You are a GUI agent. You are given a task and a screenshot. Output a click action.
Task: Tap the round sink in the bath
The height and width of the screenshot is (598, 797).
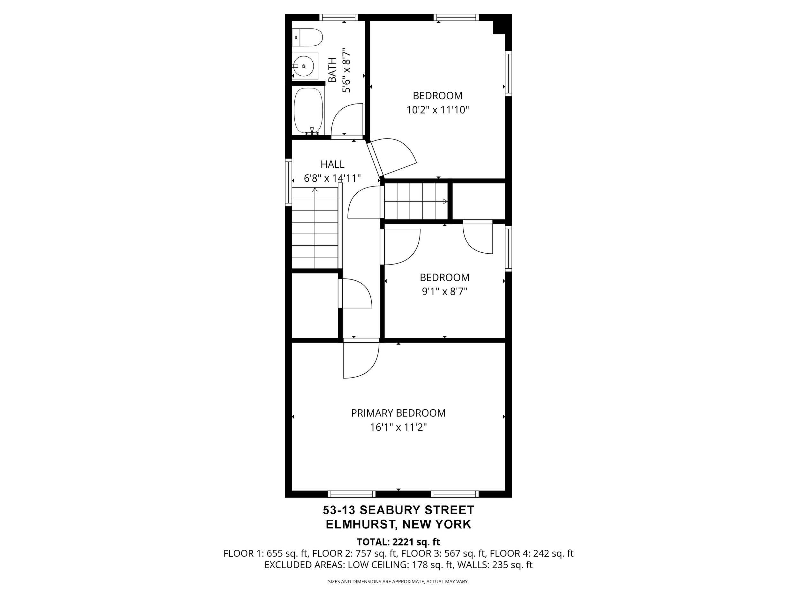[304, 66]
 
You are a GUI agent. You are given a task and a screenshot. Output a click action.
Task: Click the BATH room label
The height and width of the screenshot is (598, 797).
[332, 70]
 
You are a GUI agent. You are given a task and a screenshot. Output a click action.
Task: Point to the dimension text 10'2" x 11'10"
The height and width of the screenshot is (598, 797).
[438, 110]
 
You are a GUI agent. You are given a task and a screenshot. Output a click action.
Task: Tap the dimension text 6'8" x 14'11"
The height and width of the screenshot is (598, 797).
[332, 178]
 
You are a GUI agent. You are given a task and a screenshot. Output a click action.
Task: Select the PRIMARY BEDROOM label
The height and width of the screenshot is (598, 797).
[398, 413]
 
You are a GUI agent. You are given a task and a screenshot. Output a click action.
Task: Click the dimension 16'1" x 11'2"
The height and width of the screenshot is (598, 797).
[398, 427]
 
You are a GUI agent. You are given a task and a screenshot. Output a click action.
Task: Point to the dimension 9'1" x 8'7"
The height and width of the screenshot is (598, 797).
[444, 291]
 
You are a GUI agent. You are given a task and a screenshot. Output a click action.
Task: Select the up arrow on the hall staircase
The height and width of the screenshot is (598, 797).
[315, 190]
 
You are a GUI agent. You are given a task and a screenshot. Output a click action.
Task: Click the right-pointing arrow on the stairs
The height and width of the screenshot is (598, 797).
[445, 202]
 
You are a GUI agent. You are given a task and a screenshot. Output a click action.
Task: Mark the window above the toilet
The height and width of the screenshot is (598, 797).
[339, 17]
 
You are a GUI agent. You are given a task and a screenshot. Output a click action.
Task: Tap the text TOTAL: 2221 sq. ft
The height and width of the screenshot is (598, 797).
[398, 542]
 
